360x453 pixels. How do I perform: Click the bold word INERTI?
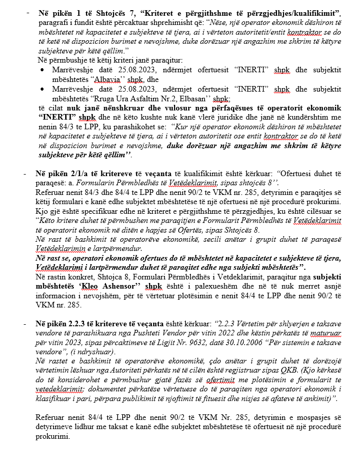point(56,117)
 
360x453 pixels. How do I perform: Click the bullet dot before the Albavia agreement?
point(42,70)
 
